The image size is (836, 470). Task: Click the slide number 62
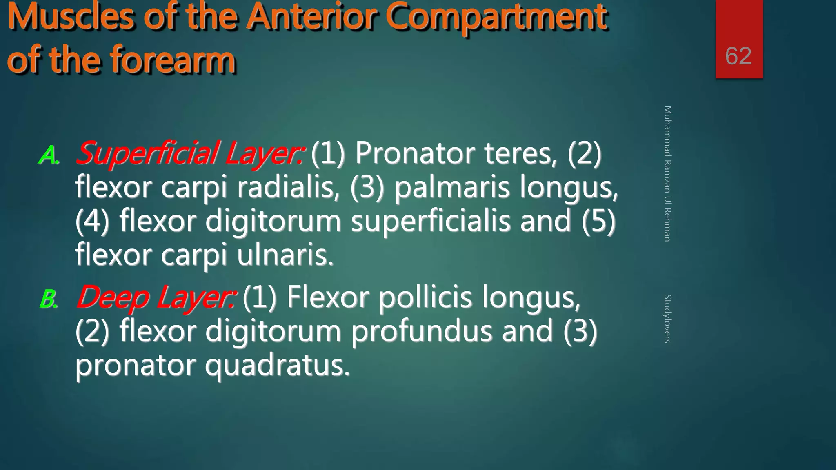(x=738, y=56)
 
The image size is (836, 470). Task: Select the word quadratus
(x=277, y=365)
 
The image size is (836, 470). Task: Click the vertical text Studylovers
(x=667, y=318)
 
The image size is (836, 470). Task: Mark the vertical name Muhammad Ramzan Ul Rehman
(x=667, y=174)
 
